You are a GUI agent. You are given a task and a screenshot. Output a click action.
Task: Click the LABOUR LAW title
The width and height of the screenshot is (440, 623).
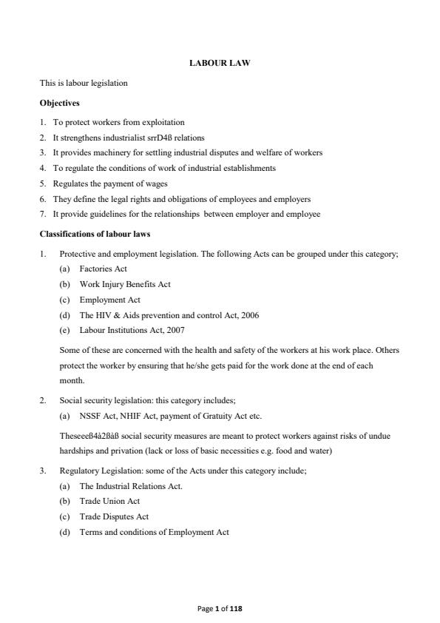click(220, 64)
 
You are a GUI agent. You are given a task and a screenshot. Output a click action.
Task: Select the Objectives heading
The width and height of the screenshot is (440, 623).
click(60, 103)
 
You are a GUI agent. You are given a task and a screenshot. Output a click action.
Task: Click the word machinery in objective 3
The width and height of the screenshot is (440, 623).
click(109, 153)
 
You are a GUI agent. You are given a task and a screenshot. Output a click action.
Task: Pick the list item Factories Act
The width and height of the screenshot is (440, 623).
click(103, 269)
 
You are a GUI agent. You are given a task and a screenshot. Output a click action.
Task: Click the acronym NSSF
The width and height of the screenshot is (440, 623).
click(90, 416)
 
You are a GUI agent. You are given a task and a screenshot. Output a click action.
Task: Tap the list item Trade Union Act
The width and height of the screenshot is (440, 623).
click(109, 501)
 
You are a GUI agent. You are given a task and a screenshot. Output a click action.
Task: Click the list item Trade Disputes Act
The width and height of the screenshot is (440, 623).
click(114, 516)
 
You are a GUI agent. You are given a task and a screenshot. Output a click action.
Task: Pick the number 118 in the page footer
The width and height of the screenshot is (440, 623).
click(236, 608)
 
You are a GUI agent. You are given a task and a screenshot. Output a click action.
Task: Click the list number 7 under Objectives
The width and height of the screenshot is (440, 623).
click(43, 214)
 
